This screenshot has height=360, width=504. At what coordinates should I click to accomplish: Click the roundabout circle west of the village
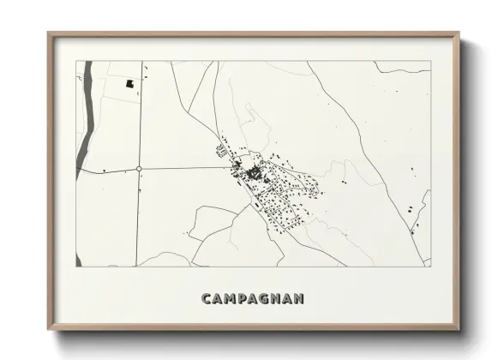click(139, 169)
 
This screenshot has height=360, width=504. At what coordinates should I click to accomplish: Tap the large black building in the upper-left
click(130, 84)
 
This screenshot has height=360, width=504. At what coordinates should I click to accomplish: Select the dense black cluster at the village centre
click(254, 175)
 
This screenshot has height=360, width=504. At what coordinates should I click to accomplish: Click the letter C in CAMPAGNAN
click(207, 298)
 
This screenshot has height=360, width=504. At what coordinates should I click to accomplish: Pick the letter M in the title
click(231, 298)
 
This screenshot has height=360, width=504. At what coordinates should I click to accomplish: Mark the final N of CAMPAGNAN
click(300, 298)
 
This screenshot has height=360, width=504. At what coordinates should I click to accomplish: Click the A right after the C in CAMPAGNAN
click(218, 298)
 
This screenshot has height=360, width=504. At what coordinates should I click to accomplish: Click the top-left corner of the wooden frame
click(49, 33)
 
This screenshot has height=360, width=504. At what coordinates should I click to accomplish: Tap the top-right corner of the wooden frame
click(459, 33)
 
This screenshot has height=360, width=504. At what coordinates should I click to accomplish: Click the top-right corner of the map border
click(430, 62)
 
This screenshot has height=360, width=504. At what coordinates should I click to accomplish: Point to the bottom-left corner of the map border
click(78, 267)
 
